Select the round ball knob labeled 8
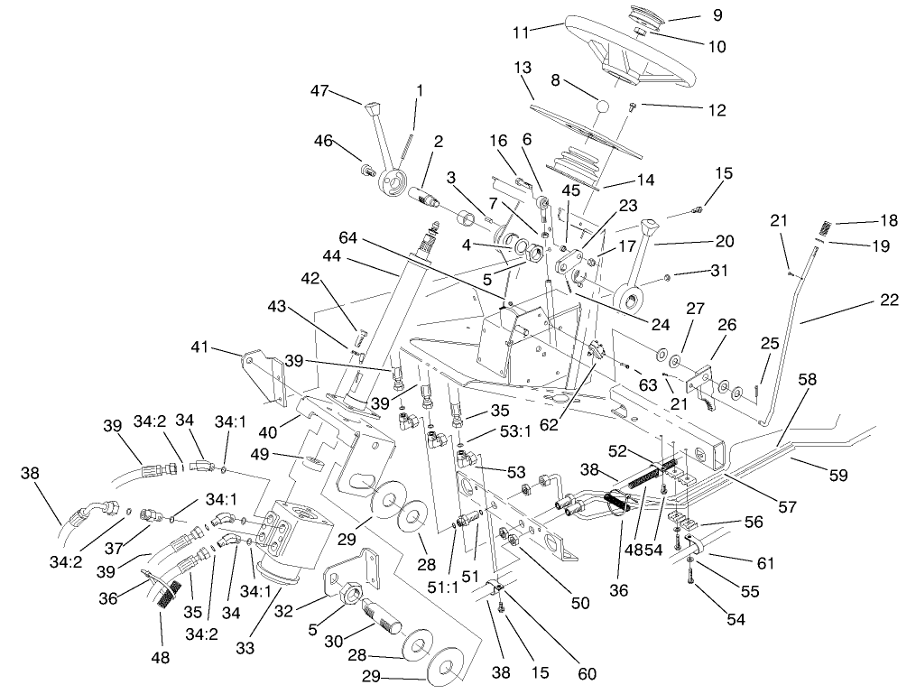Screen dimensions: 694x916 coord(601,106)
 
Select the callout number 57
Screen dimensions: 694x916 coord(787,507)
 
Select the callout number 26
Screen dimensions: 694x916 coord(726,324)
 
